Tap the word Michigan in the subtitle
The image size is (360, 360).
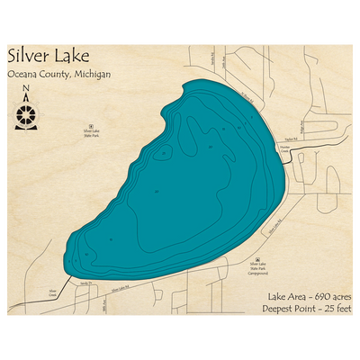coord(93,75)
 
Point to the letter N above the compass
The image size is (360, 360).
coord(27,88)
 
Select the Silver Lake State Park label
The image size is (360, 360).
coord(90,133)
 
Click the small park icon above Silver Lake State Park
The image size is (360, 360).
coord(90,126)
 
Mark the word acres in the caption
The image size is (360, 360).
coord(339,296)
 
